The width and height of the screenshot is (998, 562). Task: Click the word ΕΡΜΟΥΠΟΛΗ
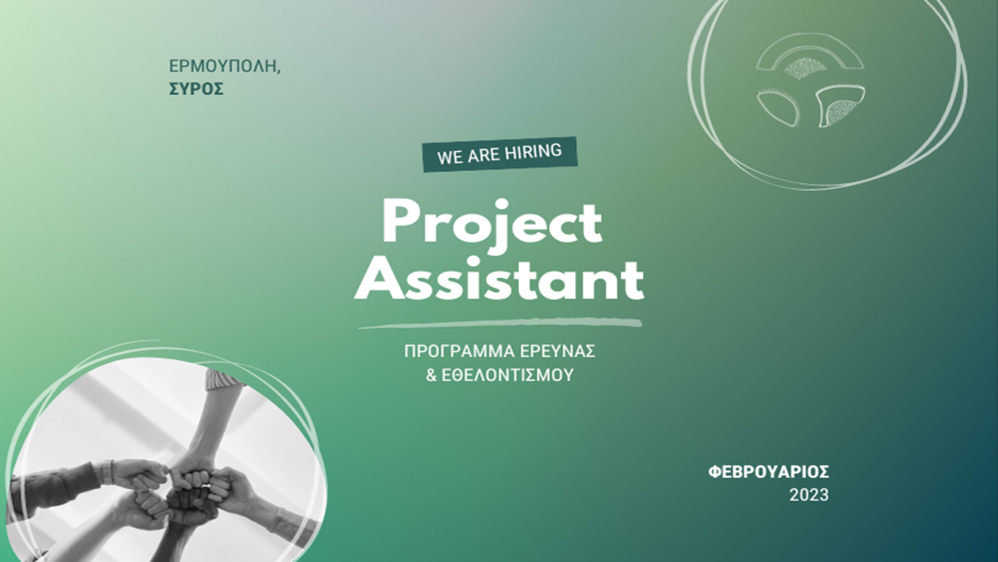point(223,66)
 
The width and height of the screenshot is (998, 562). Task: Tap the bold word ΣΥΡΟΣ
point(196,89)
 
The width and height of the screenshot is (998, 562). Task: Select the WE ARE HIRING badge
point(500,154)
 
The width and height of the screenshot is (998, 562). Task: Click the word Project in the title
point(492,224)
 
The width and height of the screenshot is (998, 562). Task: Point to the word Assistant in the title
point(499,279)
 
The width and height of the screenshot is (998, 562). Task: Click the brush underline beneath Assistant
point(500,324)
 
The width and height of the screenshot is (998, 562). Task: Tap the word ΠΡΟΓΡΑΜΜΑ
point(458,351)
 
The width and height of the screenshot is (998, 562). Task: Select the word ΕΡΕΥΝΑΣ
point(557,351)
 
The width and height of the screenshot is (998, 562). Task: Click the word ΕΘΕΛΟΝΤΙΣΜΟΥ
point(508,375)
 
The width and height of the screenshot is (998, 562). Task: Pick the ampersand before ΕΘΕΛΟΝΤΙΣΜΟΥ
point(431,375)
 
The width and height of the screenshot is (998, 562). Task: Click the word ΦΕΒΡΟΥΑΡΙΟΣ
point(768,472)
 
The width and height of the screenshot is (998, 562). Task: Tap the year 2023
point(809,495)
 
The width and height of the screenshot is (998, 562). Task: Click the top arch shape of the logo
point(810,54)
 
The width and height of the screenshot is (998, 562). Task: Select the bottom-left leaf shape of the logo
point(778,107)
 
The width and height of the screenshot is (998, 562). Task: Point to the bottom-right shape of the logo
point(840,105)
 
